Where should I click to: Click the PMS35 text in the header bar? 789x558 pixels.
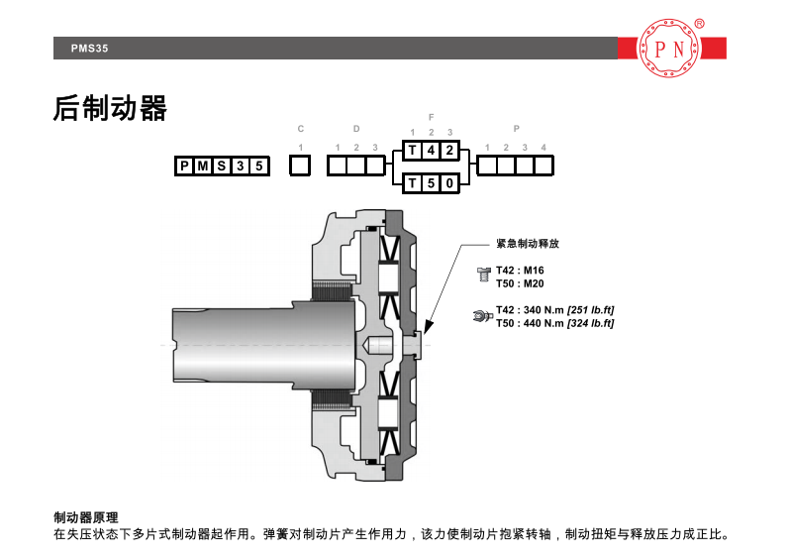click(89, 49)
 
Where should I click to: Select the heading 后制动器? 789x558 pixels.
click(110, 109)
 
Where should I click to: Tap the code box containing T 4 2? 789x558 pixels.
click(431, 151)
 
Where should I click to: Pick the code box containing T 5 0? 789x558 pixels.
click(431, 183)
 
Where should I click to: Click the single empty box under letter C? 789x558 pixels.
click(300, 166)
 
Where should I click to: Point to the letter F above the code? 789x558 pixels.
click(431, 117)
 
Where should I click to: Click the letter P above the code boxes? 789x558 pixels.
click(517, 129)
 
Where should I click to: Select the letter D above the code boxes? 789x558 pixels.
click(356, 129)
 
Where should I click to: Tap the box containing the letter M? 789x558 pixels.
click(203, 166)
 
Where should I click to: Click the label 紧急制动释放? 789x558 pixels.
click(528, 243)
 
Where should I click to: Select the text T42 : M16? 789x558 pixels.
click(520, 271)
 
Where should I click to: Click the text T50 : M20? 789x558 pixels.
click(520, 283)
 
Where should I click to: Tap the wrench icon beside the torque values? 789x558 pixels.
click(482, 316)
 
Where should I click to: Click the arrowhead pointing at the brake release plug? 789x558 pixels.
click(429, 326)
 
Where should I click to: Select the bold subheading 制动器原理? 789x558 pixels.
click(85, 517)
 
